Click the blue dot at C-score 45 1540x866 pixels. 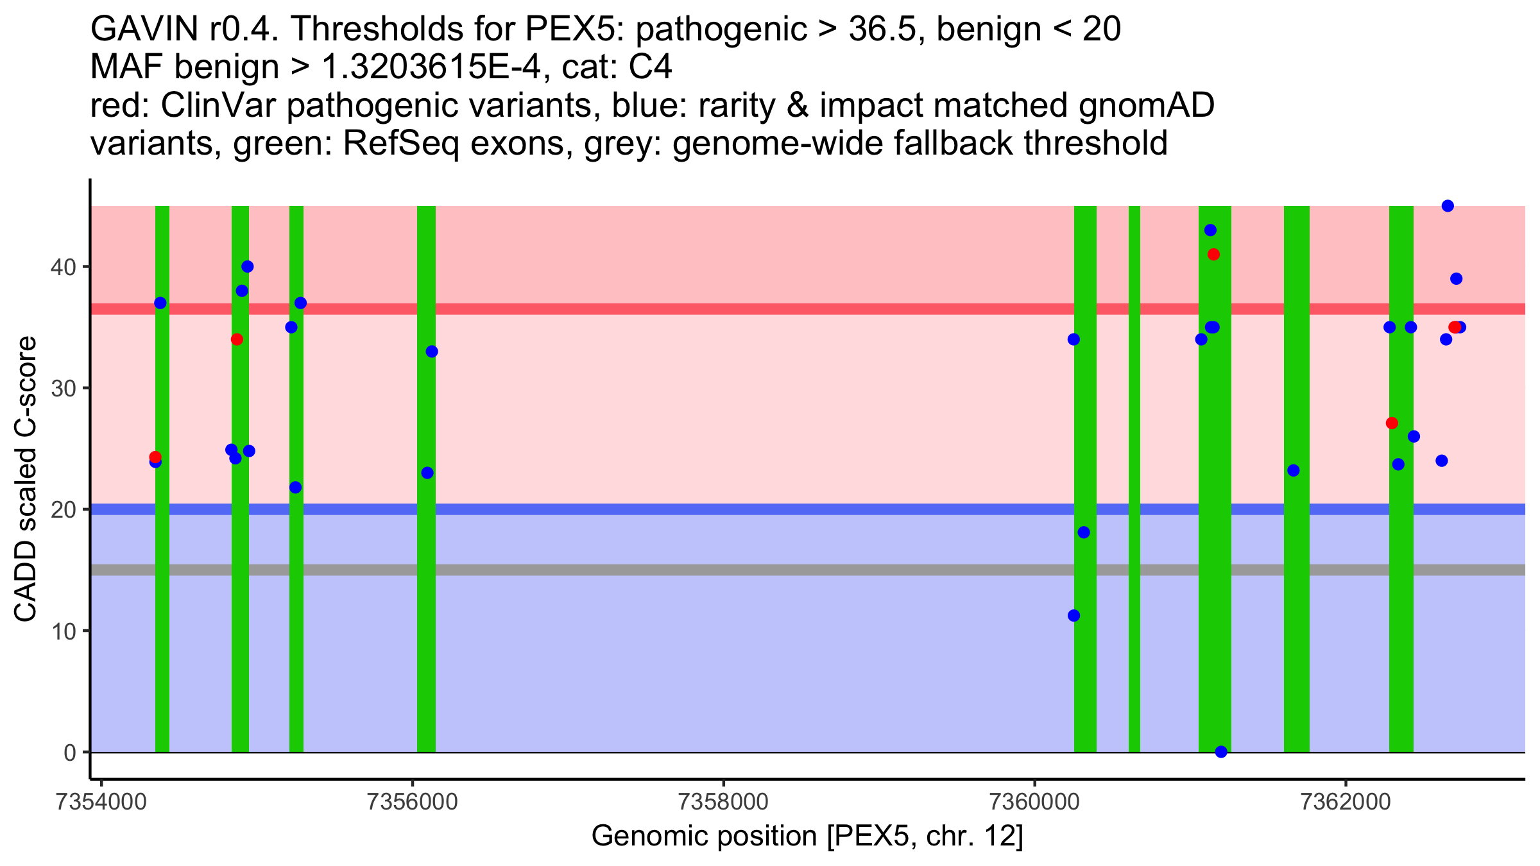click(1448, 206)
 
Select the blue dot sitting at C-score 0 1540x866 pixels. click(1221, 752)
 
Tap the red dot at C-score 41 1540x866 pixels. click(1213, 255)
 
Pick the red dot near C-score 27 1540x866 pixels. click(1392, 423)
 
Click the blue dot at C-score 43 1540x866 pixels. click(1210, 230)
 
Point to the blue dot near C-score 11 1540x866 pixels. click(1074, 616)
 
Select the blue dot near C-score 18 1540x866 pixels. click(1084, 532)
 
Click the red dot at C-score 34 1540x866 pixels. click(237, 339)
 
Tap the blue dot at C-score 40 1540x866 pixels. click(247, 267)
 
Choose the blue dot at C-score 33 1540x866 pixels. click(432, 352)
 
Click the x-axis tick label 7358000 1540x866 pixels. click(723, 802)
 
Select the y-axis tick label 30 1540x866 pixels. click(62, 388)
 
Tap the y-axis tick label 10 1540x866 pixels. click(62, 631)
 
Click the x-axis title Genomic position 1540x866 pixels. click(807, 836)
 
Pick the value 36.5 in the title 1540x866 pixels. click(884, 29)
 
